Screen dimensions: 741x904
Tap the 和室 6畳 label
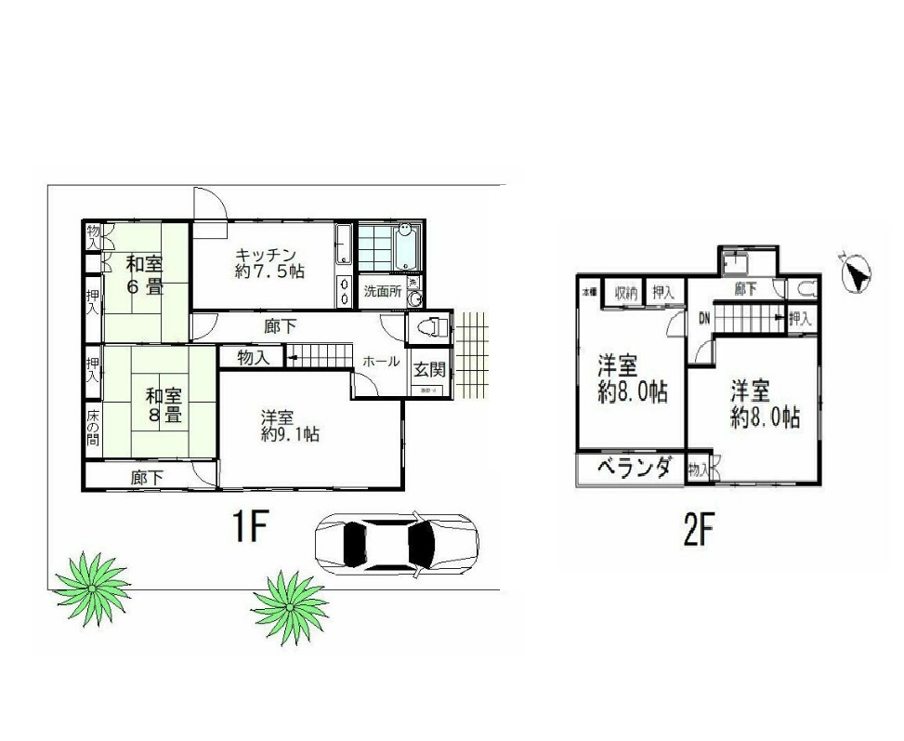[x=145, y=274]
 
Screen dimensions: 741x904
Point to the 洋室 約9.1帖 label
[x=290, y=425]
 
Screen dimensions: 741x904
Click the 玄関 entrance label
[x=428, y=369]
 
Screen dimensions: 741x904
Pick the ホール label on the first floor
[x=381, y=362]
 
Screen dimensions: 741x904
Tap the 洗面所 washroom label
[x=381, y=291]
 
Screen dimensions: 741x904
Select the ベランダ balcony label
[x=633, y=469]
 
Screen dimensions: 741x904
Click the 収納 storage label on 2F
[x=625, y=293]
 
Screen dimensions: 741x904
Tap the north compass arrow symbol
[x=855, y=275]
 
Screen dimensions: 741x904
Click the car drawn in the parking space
[x=397, y=544]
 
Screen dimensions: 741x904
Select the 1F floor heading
[x=250, y=529]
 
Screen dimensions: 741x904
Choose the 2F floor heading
[x=699, y=530]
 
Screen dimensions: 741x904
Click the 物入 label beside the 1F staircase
[x=253, y=357]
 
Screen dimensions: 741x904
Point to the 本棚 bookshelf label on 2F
[x=589, y=292]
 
